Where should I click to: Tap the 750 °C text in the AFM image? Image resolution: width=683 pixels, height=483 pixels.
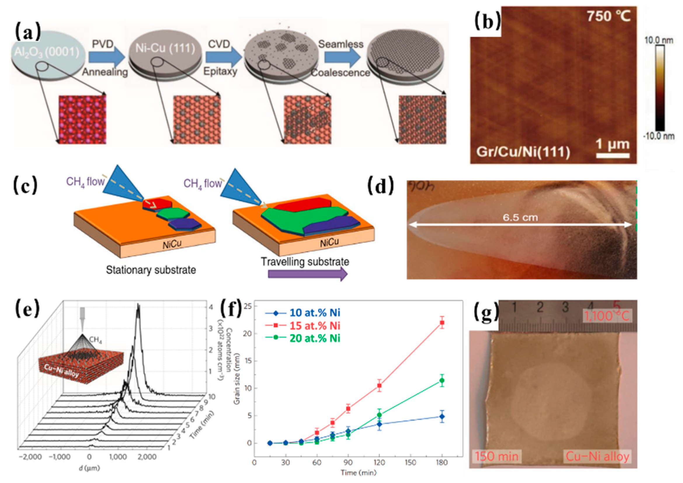[608, 15]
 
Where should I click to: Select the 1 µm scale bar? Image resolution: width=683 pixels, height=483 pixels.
[613, 155]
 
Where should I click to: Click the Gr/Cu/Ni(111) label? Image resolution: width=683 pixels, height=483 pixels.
[523, 152]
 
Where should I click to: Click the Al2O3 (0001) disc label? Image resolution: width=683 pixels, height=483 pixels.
[47, 52]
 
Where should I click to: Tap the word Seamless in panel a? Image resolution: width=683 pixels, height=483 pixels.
[340, 44]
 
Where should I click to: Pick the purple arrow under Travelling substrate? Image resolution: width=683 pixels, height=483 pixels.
[307, 274]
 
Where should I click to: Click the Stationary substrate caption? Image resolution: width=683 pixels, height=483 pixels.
[151, 270]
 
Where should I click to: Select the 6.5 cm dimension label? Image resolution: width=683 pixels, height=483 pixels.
[520, 218]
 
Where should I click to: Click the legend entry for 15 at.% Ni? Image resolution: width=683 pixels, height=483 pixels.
[315, 326]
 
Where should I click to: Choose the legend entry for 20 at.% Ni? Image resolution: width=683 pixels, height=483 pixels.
[315, 338]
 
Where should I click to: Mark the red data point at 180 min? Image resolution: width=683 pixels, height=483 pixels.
[442, 323]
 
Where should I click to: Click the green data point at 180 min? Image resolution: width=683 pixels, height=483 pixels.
[442, 381]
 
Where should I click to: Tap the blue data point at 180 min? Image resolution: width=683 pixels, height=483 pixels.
[442, 417]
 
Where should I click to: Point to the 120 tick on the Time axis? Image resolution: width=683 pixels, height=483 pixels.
[379, 463]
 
